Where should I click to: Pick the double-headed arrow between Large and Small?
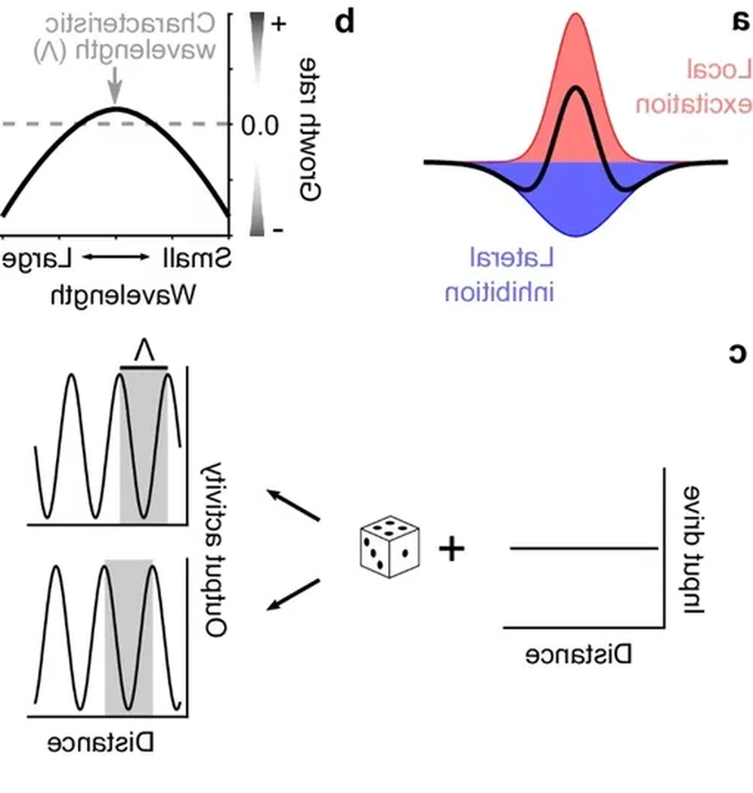[x=117, y=258]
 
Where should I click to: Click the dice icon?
[x=388, y=548]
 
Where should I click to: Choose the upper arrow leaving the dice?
[x=296, y=505]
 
